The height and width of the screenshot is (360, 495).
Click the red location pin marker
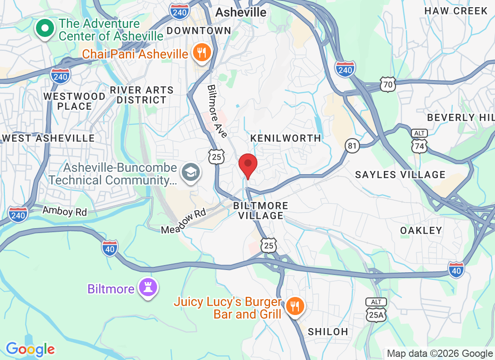pos(247,165)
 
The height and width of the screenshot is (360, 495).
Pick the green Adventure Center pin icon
pos(45,29)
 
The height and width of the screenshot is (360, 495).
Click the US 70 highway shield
pos(387,84)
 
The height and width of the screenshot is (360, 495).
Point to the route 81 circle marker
pos(352,145)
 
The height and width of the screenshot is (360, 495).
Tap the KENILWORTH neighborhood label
pos(286,138)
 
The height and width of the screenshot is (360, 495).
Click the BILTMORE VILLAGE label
pos(261,211)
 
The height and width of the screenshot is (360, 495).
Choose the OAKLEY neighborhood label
pos(421,230)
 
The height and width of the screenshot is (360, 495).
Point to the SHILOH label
pos(328,332)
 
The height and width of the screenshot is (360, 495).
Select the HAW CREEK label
pos(456,11)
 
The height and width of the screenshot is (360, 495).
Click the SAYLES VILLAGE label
pos(400,175)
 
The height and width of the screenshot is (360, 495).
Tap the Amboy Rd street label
pos(65,211)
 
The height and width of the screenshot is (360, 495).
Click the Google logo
pos(31,349)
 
